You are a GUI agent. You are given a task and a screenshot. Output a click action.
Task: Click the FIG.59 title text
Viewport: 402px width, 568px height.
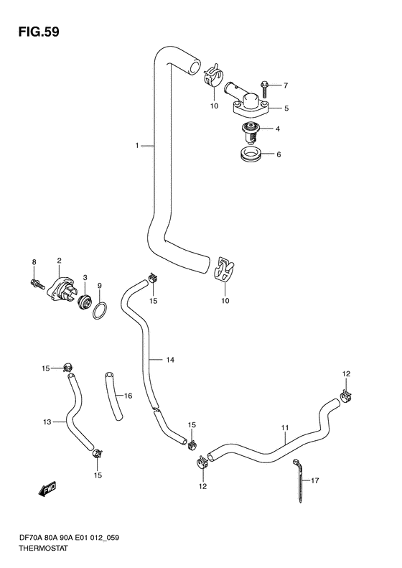coord(38,32)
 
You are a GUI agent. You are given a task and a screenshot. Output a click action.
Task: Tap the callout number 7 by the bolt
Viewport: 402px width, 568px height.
coord(286,85)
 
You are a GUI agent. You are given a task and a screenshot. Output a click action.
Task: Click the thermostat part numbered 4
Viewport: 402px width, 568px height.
coord(250,132)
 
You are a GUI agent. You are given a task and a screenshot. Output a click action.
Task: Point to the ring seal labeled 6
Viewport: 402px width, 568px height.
coord(250,154)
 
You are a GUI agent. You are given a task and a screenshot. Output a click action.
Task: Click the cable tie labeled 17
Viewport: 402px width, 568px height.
coord(299,480)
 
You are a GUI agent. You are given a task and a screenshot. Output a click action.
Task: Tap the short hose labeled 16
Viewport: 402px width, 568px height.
coord(113,396)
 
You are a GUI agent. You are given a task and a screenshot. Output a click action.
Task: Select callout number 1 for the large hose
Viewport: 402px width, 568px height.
coord(137,146)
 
